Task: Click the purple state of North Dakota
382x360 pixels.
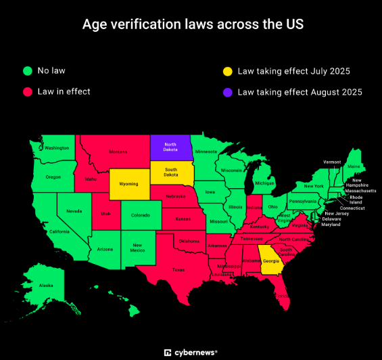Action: [x=170, y=148]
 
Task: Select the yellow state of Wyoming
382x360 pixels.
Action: [x=128, y=183]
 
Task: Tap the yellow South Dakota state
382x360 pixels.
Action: [x=170, y=173]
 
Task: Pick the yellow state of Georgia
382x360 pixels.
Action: [x=270, y=261]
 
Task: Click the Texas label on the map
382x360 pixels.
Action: [x=178, y=269]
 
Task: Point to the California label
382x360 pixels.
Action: [x=59, y=231]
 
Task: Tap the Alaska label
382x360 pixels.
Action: [x=45, y=285]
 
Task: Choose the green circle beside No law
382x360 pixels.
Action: [x=28, y=70]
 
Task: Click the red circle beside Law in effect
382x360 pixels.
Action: [x=28, y=91]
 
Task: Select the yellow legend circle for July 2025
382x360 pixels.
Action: [x=228, y=70]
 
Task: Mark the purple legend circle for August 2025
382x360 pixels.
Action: [x=228, y=91]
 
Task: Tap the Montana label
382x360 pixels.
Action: [x=118, y=152]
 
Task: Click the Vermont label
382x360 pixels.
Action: [x=332, y=162]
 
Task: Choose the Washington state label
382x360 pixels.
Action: [x=57, y=148]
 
